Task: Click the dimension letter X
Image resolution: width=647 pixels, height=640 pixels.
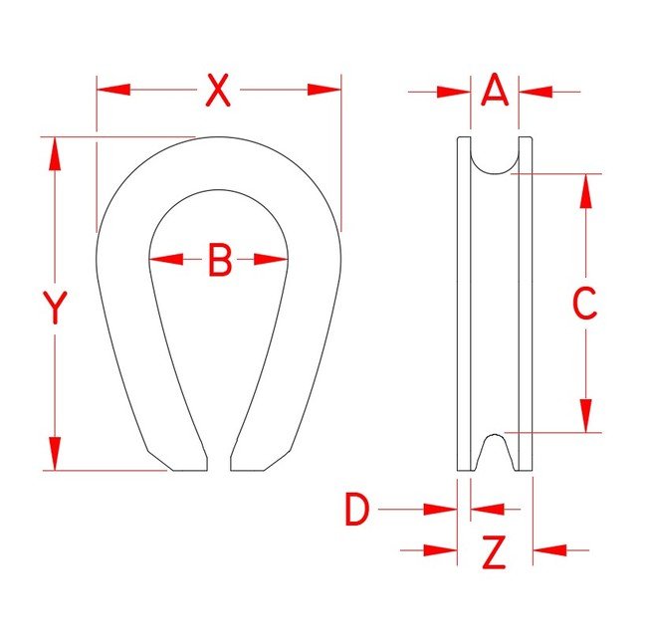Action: pyautogui.click(x=218, y=91)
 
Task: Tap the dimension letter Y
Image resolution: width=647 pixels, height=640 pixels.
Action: pyautogui.click(x=56, y=308)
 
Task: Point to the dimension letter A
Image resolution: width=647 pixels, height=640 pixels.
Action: pyautogui.click(x=495, y=92)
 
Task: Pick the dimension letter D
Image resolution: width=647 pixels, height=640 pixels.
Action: pyautogui.click(x=356, y=511)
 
